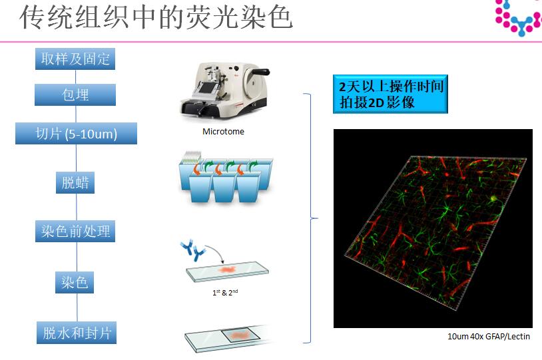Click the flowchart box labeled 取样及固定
(x=75, y=59)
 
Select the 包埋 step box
(x=75, y=94)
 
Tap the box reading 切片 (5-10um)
(x=76, y=133)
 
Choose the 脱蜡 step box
(x=75, y=182)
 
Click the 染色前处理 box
(x=75, y=231)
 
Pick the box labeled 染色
(x=75, y=282)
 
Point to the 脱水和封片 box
(x=77, y=333)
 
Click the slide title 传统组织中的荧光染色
(x=156, y=17)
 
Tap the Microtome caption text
(x=223, y=131)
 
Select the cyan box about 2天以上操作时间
(x=390, y=94)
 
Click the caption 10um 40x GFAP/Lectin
(x=489, y=336)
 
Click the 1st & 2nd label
(x=225, y=292)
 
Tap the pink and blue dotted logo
(x=519, y=18)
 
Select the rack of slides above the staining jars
(x=192, y=158)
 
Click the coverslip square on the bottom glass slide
(x=240, y=335)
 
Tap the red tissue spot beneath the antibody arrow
(x=227, y=269)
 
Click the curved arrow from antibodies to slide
(x=216, y=250)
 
